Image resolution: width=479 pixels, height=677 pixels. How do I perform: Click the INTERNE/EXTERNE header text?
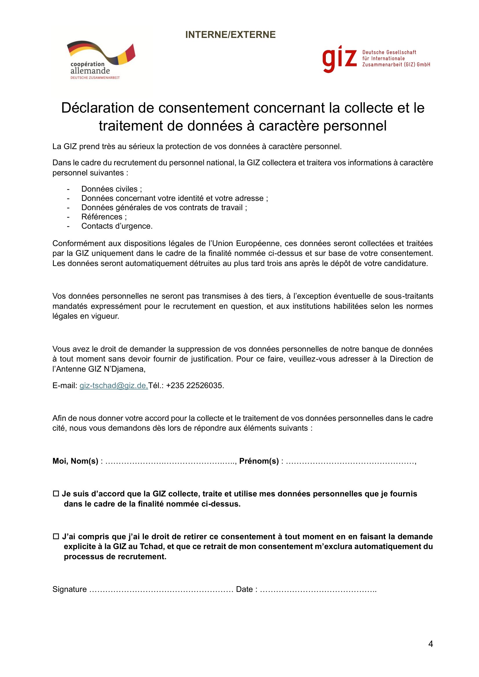click(230, 35)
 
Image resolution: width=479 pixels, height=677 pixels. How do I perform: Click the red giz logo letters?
click(339, 59)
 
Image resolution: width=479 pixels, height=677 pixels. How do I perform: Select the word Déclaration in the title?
click(97, 108)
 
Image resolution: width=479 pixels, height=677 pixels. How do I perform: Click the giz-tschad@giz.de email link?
click(114, 385)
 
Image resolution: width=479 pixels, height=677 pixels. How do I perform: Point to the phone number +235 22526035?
click(195, 385)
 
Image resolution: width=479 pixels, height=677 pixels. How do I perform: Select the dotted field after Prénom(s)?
click(350, 461)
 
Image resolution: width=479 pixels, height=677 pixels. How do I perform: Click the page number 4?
click(430, 644)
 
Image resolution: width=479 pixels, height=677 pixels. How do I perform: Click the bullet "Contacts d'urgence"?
click(117, 226)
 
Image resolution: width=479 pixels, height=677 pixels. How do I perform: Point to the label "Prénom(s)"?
click(259, 461)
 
